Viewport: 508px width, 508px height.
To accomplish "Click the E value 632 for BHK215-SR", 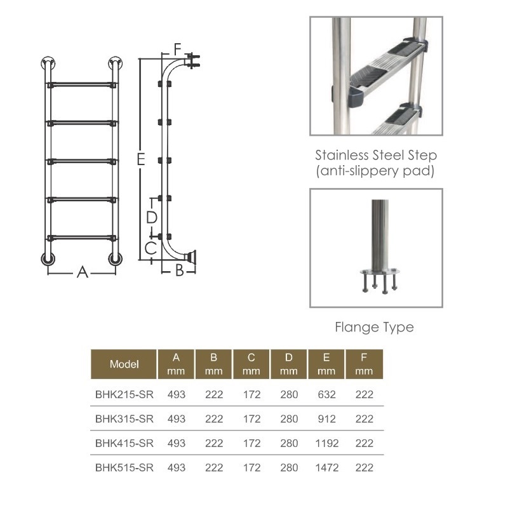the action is pyautogui.click(x=326, y=394).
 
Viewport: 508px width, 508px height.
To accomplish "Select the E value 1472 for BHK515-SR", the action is pyautogui.click(x=326, y=467).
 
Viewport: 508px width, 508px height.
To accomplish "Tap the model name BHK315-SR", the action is pyautogui.click(x=124, y=418).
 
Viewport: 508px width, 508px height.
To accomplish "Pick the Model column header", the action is pyautogui.click(x=124, y=364).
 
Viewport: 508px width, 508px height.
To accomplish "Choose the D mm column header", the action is pyautogui.click(x=289, y=364).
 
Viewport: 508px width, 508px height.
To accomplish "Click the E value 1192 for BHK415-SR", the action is pyautogui.click(x=326, y=443).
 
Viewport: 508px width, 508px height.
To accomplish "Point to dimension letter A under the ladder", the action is pyautogui.click(x=83, y=272).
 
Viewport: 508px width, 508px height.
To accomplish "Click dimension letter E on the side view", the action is pyautogui.click(x=140, y=159).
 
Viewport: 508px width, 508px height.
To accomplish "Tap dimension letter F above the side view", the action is pyautogui.click(x=177, y=50).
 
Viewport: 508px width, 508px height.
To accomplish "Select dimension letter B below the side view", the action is pyautogui.click(x=179, y=271).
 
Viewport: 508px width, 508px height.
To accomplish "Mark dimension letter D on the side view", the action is pyautogui.click(x=152, y=217).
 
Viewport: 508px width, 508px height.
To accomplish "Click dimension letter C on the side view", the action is pyautogui.click(x=150, y=248).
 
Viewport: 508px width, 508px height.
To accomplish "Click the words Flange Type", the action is pyautogui.click(x=374, y=327).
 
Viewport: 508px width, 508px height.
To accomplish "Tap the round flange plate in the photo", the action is pyautogui.click(x=380, y=271).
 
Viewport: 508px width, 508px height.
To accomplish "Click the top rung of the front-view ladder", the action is pyautogui.click(x=82, y=85).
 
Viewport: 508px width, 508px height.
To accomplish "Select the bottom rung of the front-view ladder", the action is pyautogui.click(x=82, y=238).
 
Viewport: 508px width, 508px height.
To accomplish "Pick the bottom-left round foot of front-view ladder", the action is pyautogui.click(x=48, y=259).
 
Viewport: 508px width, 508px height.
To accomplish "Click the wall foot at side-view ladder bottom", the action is pyautogui.click(x=191, y=257).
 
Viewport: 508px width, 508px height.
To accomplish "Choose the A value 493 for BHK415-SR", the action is pyautogui.click(x=177, y=443).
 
